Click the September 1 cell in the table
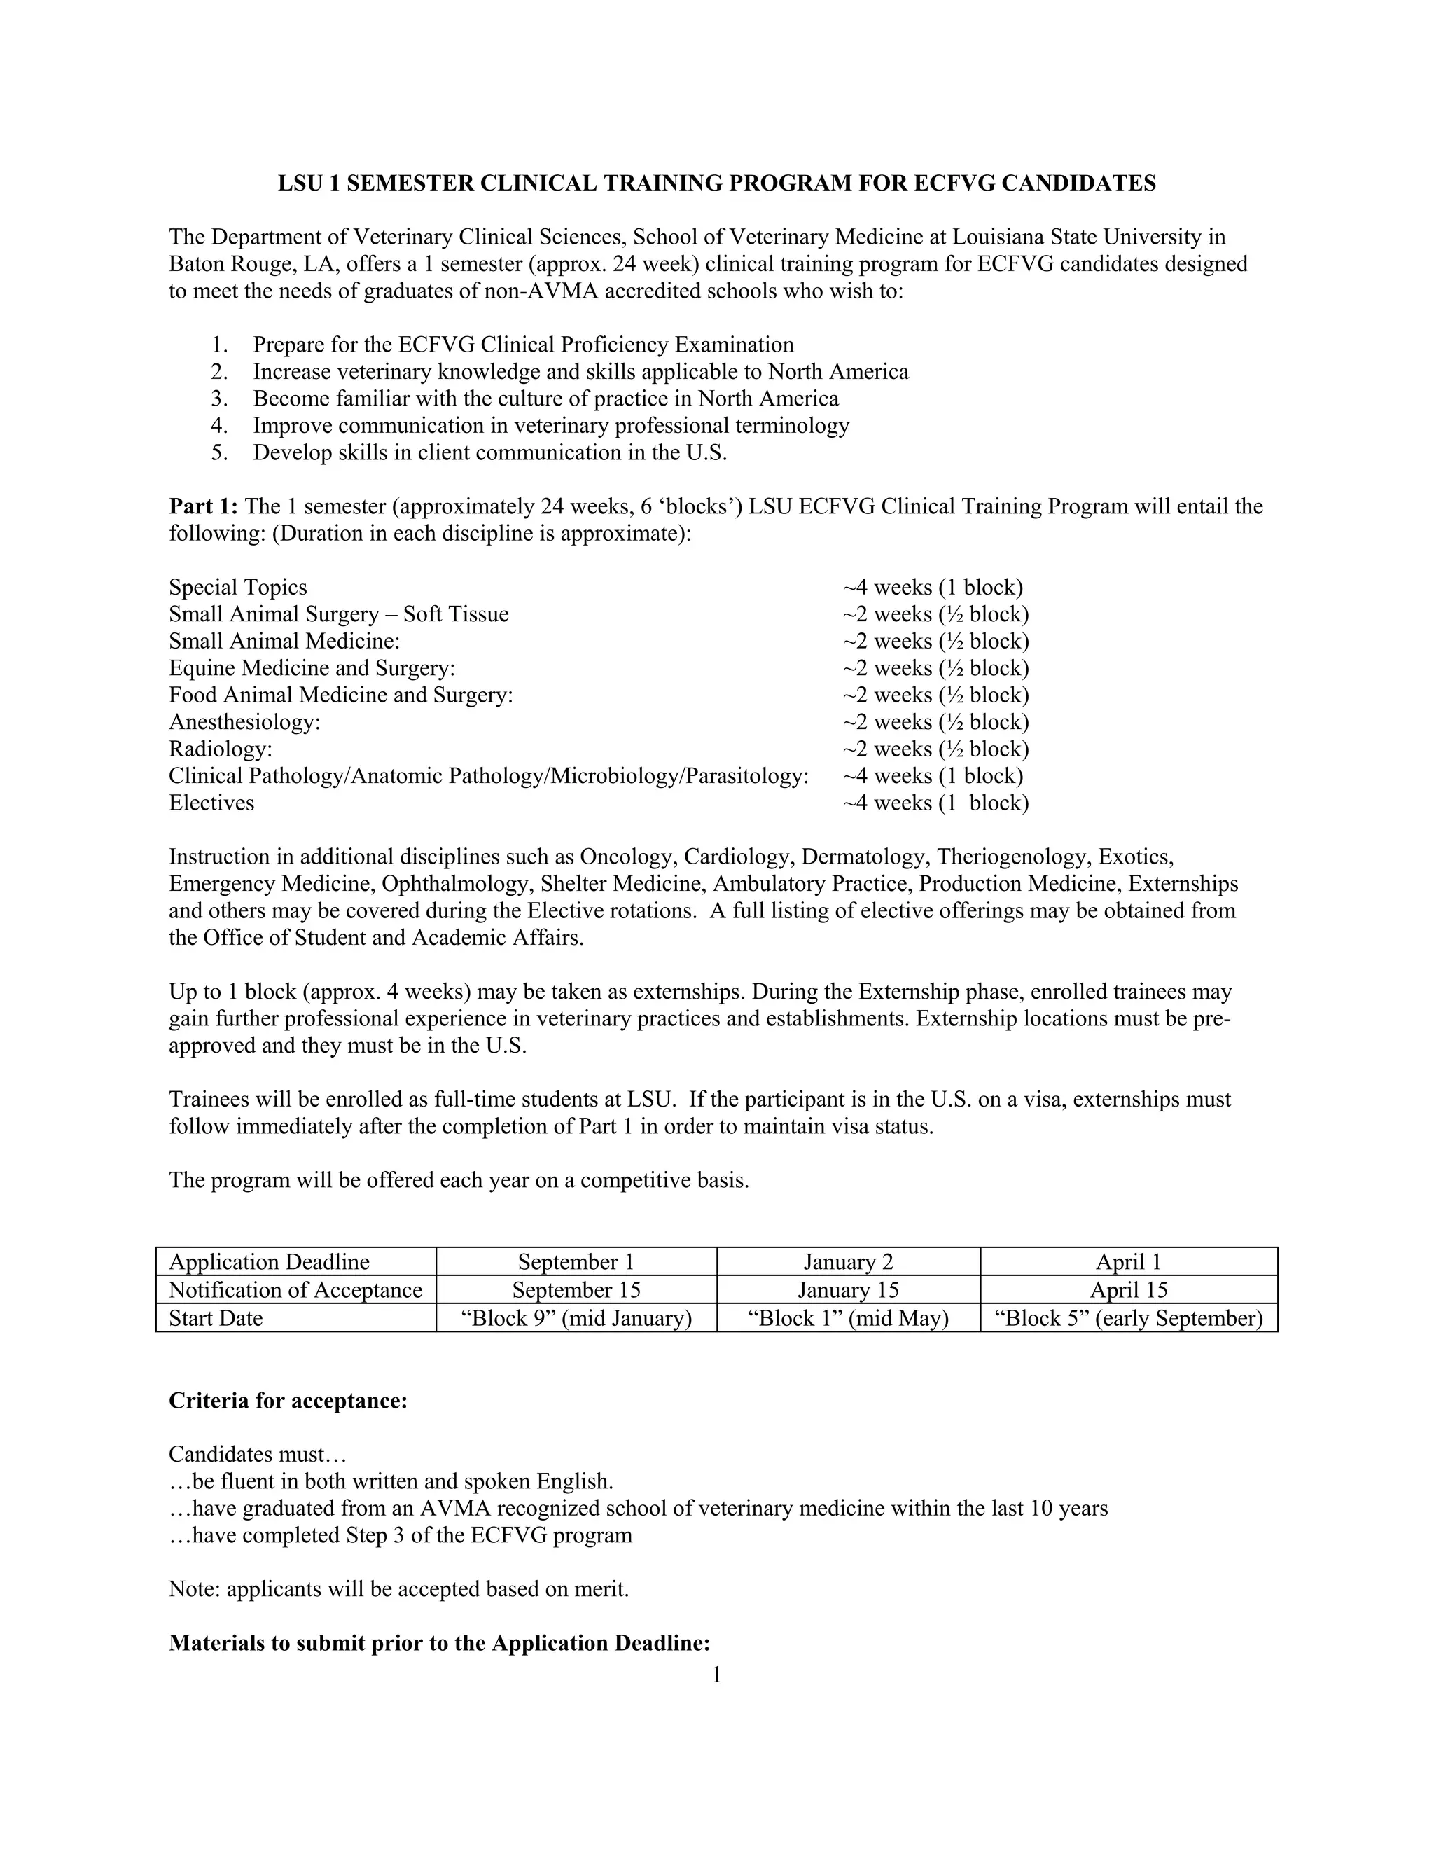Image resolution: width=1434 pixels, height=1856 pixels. [x=576, y=1262]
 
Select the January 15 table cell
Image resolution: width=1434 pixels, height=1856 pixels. [x=848, y=1290]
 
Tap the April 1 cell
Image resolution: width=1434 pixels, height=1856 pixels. [x=1128, y=1262]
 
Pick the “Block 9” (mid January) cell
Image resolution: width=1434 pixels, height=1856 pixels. [x=576, y=1318]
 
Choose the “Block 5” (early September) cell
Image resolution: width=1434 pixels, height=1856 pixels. [x=1128, y=1318]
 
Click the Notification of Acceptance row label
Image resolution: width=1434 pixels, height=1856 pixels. [x=295, y=1290]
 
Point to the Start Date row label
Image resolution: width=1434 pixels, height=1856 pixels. [x=216, y=1318]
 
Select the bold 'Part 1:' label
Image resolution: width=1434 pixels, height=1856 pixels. [x=204, y=506]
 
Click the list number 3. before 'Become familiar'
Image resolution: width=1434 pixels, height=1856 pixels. [x=219, y=399]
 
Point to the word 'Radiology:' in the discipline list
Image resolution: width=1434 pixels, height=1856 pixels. [x=220, y=749]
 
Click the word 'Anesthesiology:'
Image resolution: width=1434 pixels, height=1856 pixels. [x=244, y=721]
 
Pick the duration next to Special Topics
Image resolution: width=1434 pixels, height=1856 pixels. [x=932, y=587]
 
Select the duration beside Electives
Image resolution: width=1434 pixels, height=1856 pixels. [x=935, y=803]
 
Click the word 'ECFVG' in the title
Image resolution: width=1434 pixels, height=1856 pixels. [x=951, y=183]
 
